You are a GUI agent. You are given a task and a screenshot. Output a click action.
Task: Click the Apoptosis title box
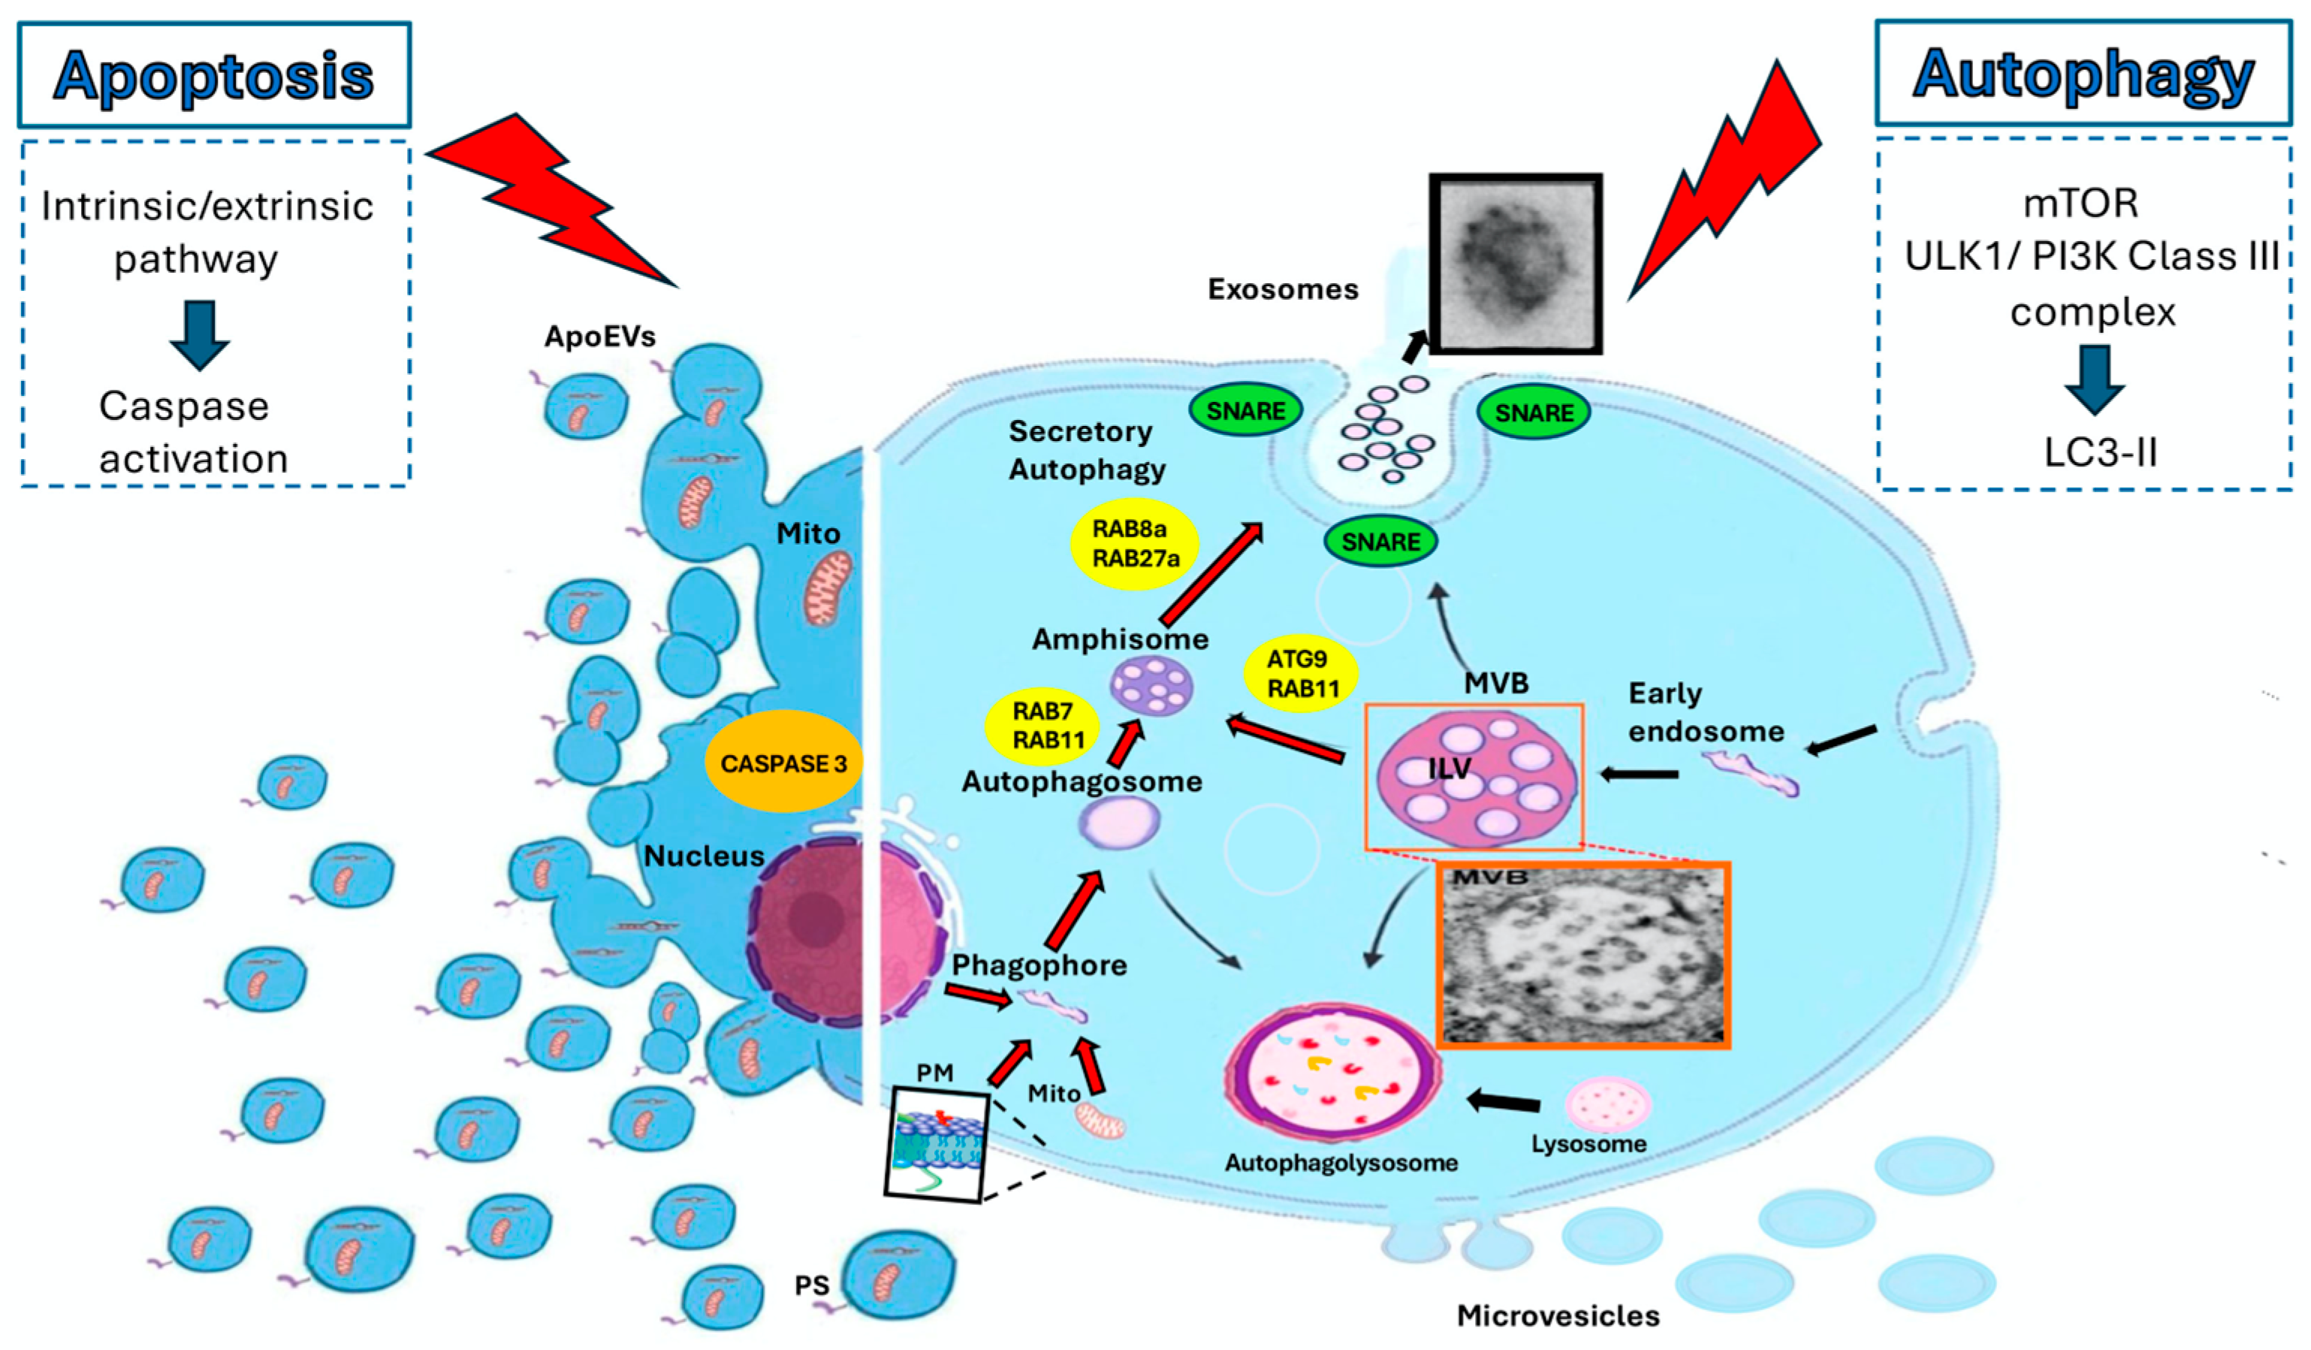tap(214, 75)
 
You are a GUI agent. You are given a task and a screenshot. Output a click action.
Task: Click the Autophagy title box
tap(2083, 74)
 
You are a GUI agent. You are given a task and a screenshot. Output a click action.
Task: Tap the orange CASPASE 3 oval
tap(783, 762)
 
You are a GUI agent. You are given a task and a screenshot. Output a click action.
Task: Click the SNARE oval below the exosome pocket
tap(1380, 541)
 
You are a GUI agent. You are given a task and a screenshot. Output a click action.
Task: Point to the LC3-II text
tap(2100, 452)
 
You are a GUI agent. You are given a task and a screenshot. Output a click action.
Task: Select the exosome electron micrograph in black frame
tap(1515, 263)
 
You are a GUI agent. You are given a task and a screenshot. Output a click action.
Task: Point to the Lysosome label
tap(1588, 1143)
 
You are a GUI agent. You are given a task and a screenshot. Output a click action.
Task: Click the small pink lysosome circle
tap(1607, 1104)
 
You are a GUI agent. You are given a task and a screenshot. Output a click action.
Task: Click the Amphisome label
tap(1120, 639)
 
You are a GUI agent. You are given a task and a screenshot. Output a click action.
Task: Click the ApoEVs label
tap(600, 337)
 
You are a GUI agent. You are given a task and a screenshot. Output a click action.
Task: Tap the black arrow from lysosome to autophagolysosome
tap(1504, 1101)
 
